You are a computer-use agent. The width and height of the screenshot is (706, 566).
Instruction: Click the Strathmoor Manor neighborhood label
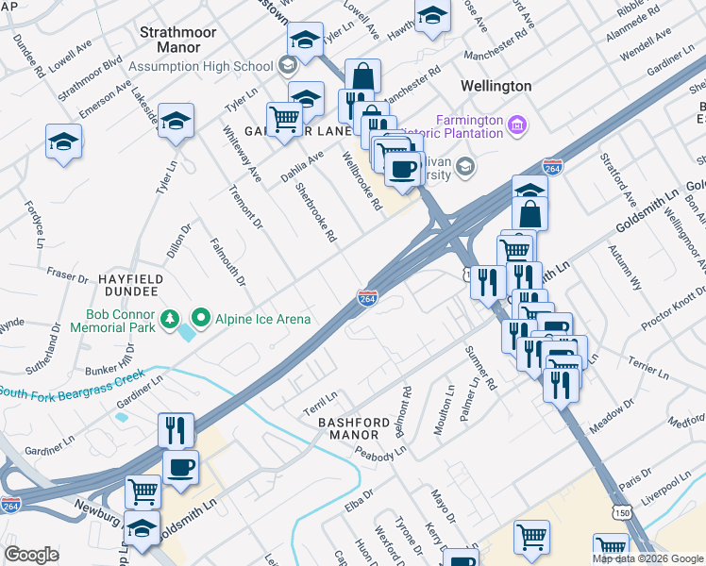coord(170,39)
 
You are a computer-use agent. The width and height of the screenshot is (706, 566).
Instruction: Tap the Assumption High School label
coord(201,66)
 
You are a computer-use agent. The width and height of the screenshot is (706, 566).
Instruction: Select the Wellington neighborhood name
coord(496,86)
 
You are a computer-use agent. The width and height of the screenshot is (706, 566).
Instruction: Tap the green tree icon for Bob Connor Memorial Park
coord(170,319)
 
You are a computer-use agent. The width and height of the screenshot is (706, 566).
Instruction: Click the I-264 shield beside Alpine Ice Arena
coord(368,298)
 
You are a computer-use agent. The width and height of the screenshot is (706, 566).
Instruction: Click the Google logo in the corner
coord(31,555)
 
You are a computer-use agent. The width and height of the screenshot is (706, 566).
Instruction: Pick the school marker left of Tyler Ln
coord(63,142)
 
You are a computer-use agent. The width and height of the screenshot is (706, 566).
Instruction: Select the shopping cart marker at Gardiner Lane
coord(284,119)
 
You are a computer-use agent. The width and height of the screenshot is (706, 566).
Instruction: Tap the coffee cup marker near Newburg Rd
coord(180,465)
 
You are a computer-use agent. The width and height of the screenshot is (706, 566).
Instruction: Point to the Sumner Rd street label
coord(479,366)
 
